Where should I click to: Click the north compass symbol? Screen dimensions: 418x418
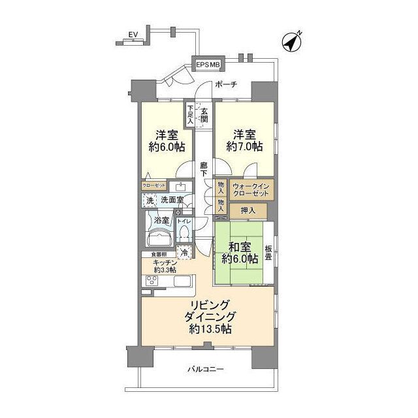[x=292, y=42]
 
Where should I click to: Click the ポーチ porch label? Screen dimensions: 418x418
[x=224, y=84]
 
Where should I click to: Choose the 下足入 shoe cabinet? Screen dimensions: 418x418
[x=190, y=114]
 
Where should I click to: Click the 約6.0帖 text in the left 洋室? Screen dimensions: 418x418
[x=161, y=148]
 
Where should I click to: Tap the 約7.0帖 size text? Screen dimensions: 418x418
[x=244, y=148]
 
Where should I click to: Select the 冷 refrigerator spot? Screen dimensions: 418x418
[x=185, y=252]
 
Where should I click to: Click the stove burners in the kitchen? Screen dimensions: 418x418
[x=151, y=281]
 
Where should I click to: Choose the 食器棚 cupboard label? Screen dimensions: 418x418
[x=159, y=253]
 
